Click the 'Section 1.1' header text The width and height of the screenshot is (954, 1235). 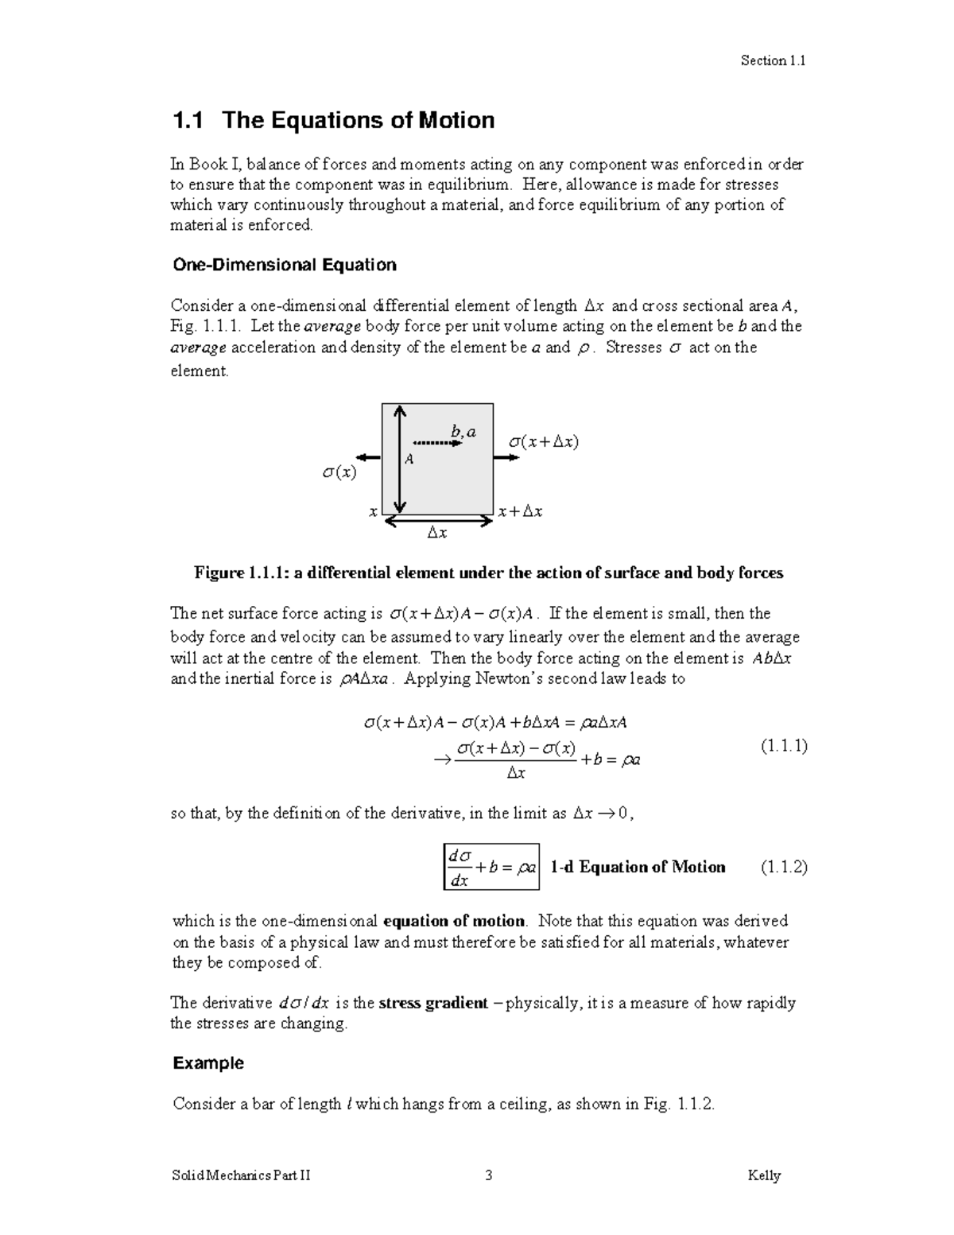click(773, 60)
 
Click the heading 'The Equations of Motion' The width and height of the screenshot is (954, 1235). click(358, 120)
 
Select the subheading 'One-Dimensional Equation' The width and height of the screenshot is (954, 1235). click(284, 265)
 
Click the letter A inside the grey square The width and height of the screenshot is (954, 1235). click(409, 459)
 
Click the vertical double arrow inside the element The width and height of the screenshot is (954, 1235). click(400, 459)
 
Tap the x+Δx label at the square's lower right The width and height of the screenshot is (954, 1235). click(520, 512)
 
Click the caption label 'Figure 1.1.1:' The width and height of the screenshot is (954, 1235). click(242, 573)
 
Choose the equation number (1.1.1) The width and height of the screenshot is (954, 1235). click(783, 746)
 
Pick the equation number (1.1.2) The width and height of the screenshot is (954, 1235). click(783, 867)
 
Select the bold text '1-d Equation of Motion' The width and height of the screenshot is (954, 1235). click(638, 867)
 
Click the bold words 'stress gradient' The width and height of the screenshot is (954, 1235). click(433, 1003)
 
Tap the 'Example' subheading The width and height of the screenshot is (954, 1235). click(208, 1063)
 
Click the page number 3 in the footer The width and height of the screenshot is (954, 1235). click(489, 1175)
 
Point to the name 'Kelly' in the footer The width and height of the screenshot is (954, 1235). click(764, 1175)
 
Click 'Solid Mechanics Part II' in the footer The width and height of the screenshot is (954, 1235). click(241, 1175)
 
